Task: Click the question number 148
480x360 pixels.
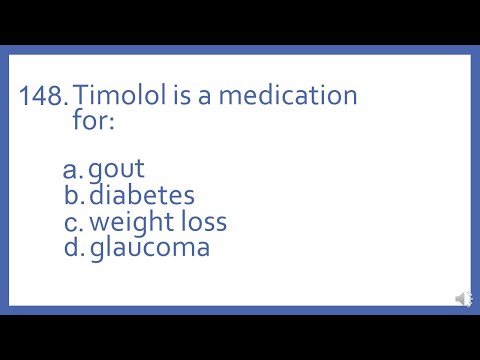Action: pos(43,96)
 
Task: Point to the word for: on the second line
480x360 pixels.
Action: pos(94,123)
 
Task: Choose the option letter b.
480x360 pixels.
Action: pos(72,195)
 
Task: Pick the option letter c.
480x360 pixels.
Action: pos(72,221)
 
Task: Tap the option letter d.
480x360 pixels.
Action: pos(72,247)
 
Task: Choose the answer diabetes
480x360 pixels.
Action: pos(141,195)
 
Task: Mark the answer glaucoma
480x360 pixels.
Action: pos(150,248)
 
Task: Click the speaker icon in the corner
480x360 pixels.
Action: pos(463,298)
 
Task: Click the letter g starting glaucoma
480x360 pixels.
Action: pos(96,250)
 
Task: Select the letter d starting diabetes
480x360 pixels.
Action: pos(96,195)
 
